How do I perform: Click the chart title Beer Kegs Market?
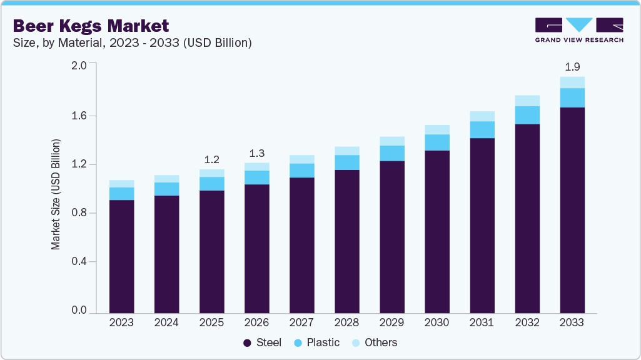[x=91, y=26]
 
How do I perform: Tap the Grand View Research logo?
[x=579, y=30]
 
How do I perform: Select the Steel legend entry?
[x=262, y=342]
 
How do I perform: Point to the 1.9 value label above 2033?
[x=572, y=66]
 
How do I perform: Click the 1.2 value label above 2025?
[x=211, y=159]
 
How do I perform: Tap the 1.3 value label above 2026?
[x=256, y=153]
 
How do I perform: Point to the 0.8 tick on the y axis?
[x=79, y=213]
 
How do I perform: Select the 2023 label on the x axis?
[x=121, y=322]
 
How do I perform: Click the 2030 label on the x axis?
[x=437, y=322]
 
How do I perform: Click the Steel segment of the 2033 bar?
[x=572, y=209]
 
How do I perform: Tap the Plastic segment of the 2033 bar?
[x=572, y=97]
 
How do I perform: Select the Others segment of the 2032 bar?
[x=527, y=101]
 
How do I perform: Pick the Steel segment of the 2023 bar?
[x=121, y=256]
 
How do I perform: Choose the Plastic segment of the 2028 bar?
[x=346, y=162]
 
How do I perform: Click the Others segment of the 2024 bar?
[x=166, y=179]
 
